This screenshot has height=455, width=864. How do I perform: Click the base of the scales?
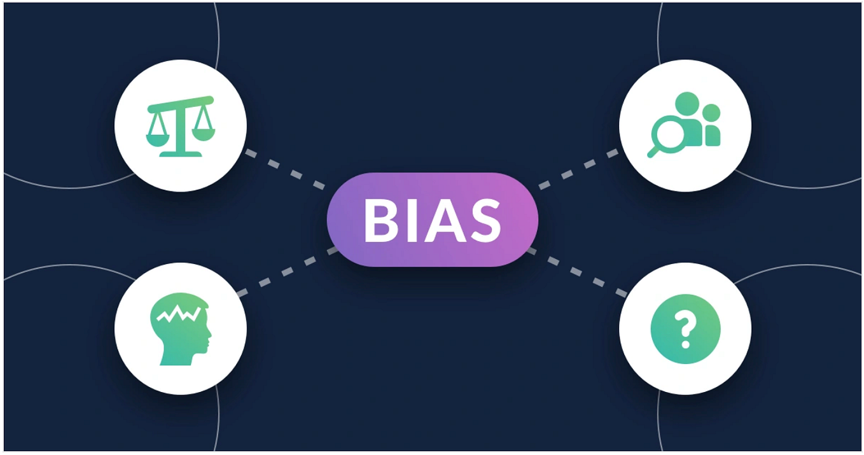click(x=181, y=154)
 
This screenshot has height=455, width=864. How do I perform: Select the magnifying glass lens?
click(x=668, y=133)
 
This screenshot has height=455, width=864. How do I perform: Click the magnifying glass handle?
click(x=653, y=151)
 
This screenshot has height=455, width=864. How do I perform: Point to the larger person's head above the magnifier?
click(x=687, y=104)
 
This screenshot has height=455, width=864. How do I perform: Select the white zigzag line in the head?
click(x=179, y=313)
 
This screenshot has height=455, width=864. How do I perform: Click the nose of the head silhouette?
click(x=209, y=335)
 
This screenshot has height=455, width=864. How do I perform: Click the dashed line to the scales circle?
click(x=286, y=170)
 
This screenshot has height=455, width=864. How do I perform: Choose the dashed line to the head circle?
click(x=288, y=272)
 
